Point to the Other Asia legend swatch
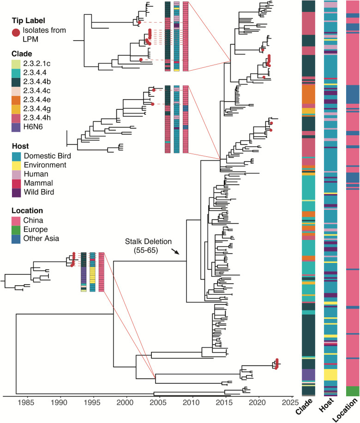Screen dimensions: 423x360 [16, 238]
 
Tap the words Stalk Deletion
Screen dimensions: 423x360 [148, 241]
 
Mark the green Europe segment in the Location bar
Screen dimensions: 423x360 [352, 391]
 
